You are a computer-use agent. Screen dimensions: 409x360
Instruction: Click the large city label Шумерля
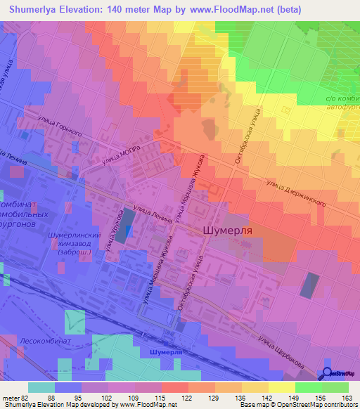pyautogui.click(x=226, y=230)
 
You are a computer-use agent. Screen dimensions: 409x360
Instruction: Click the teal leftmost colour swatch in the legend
pyautogui.click(x=41, y=387)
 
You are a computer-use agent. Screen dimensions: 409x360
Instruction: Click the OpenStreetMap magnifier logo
pyautogui.click(x=327, y=373)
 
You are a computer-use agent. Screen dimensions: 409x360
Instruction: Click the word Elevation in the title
pyautogui.click(x=94, y=10)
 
